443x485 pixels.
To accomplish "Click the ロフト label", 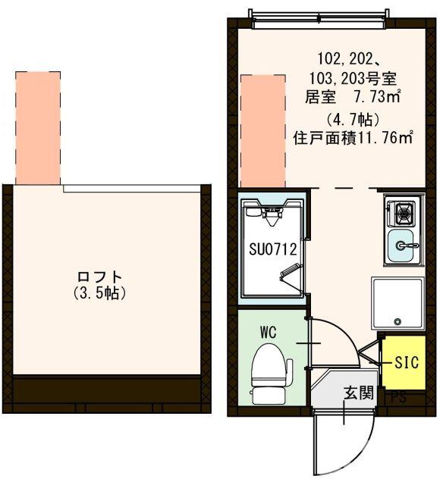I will pos(105,277).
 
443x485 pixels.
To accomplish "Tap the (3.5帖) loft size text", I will pos(105,292).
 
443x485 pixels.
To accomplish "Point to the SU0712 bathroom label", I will pos(272,248).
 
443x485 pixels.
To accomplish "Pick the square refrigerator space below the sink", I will pos(397,304).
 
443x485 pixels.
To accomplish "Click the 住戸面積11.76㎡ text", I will pos(353,138).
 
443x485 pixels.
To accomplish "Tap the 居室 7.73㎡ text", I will pos(353,96).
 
